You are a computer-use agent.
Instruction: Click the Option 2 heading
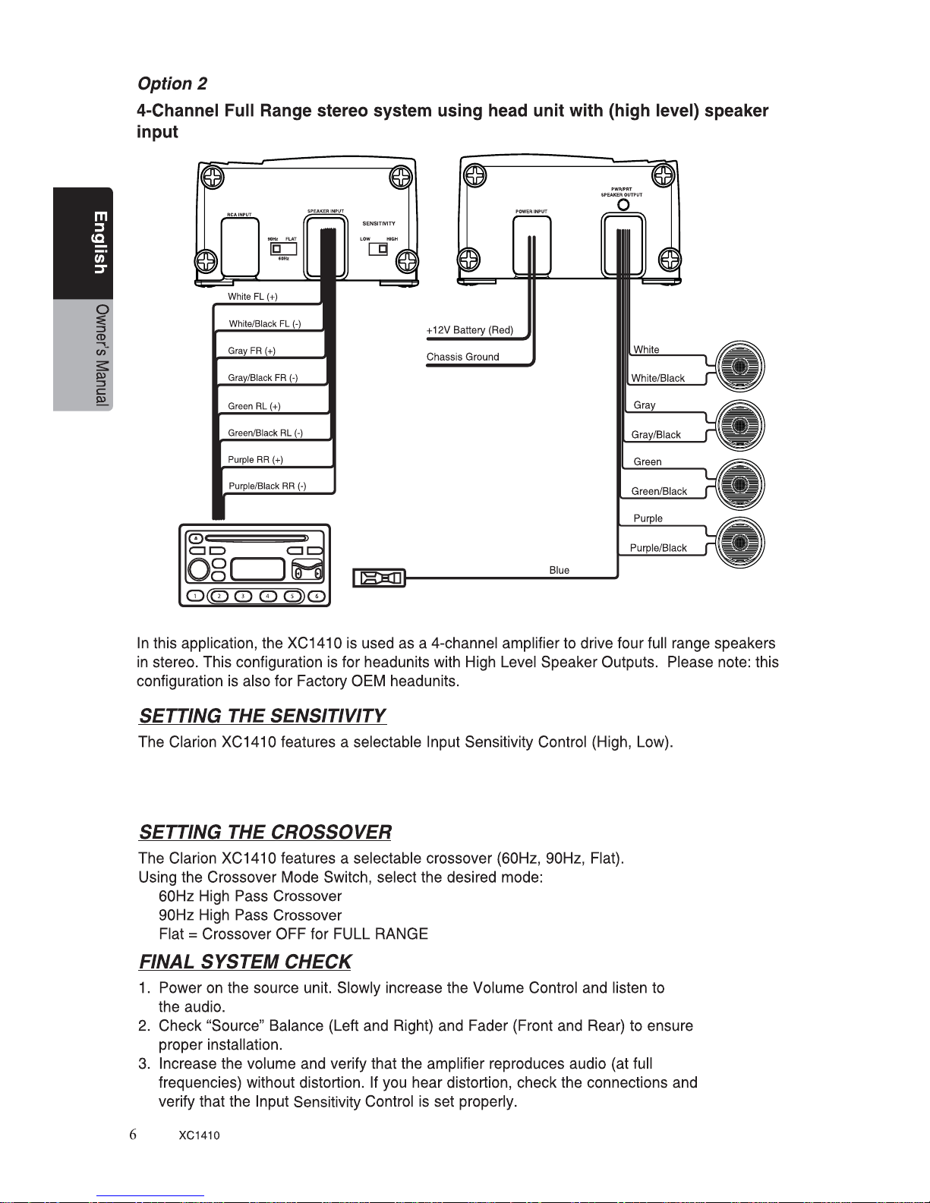[172, 83]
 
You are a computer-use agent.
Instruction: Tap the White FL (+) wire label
[252, 297]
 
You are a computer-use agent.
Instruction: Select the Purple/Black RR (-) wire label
[267, 486]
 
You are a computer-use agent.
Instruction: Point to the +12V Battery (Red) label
[469, 330]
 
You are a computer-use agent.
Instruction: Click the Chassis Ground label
[463, 357]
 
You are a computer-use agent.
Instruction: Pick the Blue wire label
[559, 570]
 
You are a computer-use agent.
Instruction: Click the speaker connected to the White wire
[739, 366]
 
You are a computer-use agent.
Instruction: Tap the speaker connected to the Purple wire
[739, 543]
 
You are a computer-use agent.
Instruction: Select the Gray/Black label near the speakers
[656, 435]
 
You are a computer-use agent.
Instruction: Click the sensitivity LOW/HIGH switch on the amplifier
[378, 249]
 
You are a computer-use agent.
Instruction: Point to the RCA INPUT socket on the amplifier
[240, 247]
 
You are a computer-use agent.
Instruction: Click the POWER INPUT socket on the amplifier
[531, 245]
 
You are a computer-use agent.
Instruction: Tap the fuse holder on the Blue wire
[379, 578]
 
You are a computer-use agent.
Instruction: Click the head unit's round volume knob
[198, 569]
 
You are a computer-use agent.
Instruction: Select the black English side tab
[83, 243]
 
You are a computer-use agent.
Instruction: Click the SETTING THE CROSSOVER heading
[265, 832]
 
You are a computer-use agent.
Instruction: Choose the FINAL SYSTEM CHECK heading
[245, 962]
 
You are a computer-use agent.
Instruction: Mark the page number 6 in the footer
[133, 1135]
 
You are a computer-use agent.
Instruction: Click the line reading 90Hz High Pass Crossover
[251, 915]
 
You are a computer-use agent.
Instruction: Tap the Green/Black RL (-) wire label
[265, 433]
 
